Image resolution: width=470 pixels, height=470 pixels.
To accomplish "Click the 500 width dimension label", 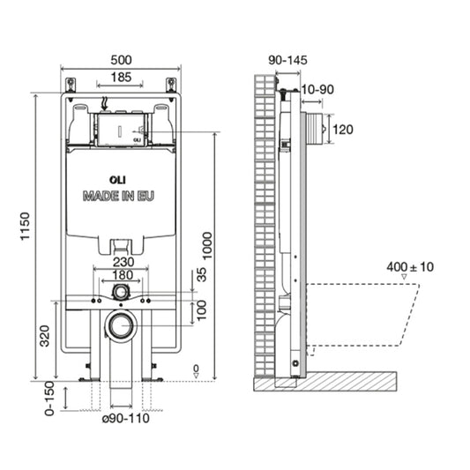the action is pos(121,60).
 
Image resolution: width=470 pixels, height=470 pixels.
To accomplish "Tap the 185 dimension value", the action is pos(121,78).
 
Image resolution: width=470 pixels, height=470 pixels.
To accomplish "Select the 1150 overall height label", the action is pos(26,226).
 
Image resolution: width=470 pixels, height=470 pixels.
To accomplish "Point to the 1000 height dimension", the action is pos(207,245).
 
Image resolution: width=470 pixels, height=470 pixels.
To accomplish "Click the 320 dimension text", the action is pos(45,336).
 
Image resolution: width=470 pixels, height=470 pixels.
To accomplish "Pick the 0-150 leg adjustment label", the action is pos(49,399).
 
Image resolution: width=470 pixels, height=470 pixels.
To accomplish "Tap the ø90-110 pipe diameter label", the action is pos(125,418).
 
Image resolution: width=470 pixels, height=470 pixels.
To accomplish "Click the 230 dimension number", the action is pos(123,262).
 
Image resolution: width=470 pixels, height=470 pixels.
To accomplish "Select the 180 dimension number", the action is pos(123,275).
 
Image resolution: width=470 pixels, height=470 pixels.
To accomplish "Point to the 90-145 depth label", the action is pos(287,60).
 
